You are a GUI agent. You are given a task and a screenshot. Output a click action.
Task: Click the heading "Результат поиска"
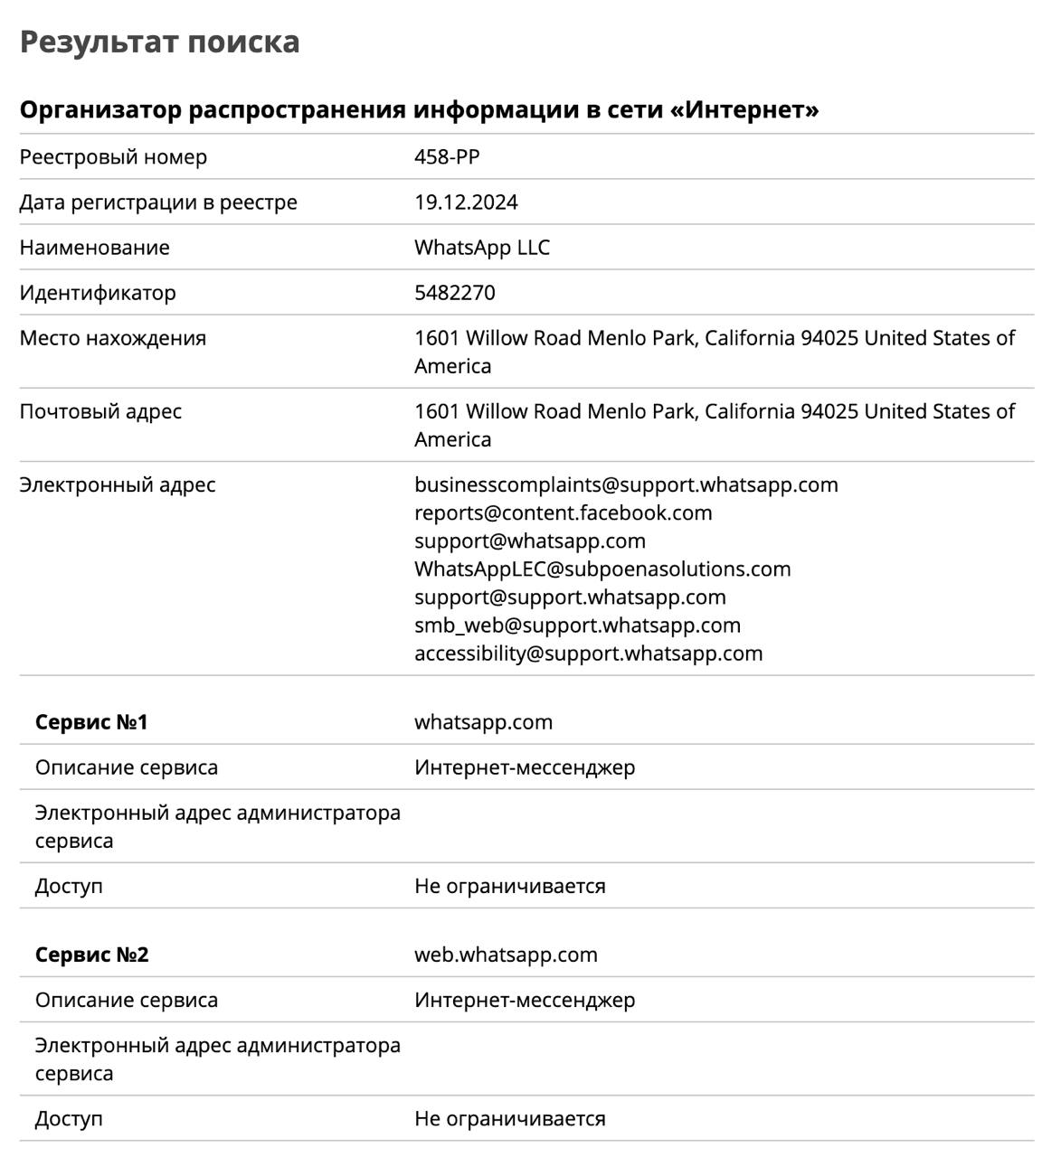click(159, 42)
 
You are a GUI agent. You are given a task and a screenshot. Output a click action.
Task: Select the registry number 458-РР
click(447, 157)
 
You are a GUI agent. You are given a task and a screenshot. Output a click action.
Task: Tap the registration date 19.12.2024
click(466, 202)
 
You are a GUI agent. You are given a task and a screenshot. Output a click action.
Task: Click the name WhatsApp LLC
click(481, 248)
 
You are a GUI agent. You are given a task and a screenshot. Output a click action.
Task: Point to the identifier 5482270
click(454, 293)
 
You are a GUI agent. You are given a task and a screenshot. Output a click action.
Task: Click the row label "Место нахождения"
click(113, 338)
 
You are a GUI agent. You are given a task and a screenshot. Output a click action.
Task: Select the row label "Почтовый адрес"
click(100, 411)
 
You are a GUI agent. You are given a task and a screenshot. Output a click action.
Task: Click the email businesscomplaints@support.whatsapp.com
click(626, 484)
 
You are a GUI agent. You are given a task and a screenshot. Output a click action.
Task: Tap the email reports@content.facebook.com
click(563, 513)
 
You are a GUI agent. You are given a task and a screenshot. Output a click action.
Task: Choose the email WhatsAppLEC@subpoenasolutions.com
click(602, 569)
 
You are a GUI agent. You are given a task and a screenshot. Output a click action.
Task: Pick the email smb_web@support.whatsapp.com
click(577, 625)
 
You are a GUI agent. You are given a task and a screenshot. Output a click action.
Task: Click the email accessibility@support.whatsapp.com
click(588, 653)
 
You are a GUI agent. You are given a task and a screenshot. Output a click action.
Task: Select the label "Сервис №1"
click(91, 722)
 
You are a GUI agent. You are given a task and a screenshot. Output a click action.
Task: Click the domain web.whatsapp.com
click(506, 955)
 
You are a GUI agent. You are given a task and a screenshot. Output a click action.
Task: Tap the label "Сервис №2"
click(91, 955)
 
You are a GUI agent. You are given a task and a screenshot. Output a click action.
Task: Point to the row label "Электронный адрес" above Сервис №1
click(118, 484)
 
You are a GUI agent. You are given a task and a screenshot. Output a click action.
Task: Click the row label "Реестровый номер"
click(113, 157)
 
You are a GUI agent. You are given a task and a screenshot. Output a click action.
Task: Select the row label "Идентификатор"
click(98, 293)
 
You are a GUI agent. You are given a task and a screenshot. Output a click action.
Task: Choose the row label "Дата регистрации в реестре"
click(158, 202)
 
